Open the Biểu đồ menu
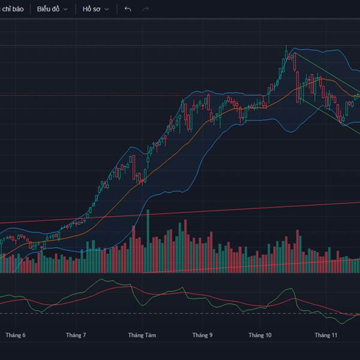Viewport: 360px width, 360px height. click(47, 9)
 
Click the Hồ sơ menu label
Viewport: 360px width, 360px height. click(92, 9)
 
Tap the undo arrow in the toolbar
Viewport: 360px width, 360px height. click(127, 9)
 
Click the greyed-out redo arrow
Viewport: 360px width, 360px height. click(145, 9)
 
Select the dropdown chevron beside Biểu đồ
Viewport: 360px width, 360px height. click(65, 10)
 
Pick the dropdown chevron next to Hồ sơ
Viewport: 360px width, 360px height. click(107, 10)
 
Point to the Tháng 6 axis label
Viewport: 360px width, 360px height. click(16, 335)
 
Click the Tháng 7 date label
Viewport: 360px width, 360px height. click(76, 335)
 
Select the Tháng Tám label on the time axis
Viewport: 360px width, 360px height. click(142, 335)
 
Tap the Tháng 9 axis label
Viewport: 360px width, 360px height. click(203, 335)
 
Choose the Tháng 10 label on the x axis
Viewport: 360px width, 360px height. click(260, 335)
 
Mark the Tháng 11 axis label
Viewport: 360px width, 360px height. click(326, 335)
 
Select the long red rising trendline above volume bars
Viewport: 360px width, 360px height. click(180, 213)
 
